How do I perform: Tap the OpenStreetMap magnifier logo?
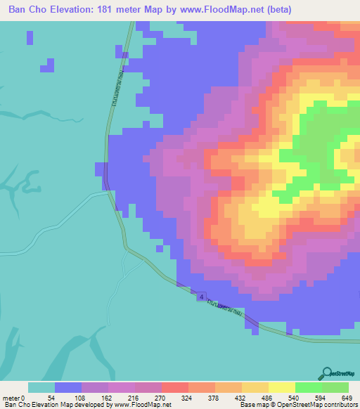tap(327, 373)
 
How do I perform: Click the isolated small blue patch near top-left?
tap(48, 65)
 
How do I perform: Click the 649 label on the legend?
tap(347, 397)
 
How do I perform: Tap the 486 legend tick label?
tap(267, 397)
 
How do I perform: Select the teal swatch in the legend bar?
tap(41, 387)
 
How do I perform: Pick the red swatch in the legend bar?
tap(174, 387)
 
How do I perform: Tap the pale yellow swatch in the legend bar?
tap(281, 387)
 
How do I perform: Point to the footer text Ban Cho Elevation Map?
tap(35, 405)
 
